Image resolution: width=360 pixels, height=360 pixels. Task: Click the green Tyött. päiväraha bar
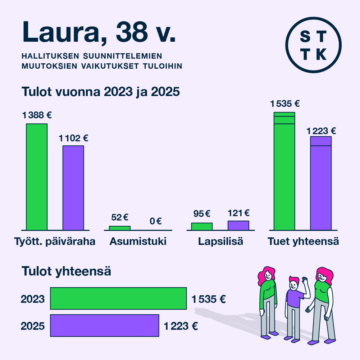pyautogui.click(x=37, y=177)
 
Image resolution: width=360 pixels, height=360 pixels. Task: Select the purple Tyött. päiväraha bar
pyautogui.click(x=73, y=187)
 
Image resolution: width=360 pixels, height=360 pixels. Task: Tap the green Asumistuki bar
pyautogui.click(x=120, y=228)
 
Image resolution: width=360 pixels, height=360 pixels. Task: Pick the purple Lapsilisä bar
pyautogui.click(x=238, y=225)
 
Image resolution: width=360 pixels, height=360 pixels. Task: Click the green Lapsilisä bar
pyautogui.click(x=202, y=227)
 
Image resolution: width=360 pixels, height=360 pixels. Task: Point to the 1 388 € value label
pyautogui.click(x=37, y=115)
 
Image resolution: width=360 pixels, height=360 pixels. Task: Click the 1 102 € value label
pyautogui.click(x=73, y=138)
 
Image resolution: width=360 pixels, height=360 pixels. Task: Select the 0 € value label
pyautogui.click(x=156, y=221)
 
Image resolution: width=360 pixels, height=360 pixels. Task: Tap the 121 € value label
pyautogui.click(x=238, y=213)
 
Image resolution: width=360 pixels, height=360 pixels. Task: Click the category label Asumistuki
pyautogui.click(x=138, y=241)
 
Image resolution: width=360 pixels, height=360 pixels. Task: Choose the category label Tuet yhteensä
pyautogui.click(x=303, y=241)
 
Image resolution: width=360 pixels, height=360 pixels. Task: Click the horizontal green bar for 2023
pyautogui.click(x=118, y=298)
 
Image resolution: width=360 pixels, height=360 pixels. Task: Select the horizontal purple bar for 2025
pyautogui.click(x=105, y=325)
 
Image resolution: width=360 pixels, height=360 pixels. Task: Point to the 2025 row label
pyautogui.click(x=33, y=326)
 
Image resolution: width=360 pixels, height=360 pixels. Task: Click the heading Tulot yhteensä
pyautogui.click(x=67, y=271)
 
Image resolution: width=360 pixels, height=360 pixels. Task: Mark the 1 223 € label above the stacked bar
pyautogui.click(x=321, y=131)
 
